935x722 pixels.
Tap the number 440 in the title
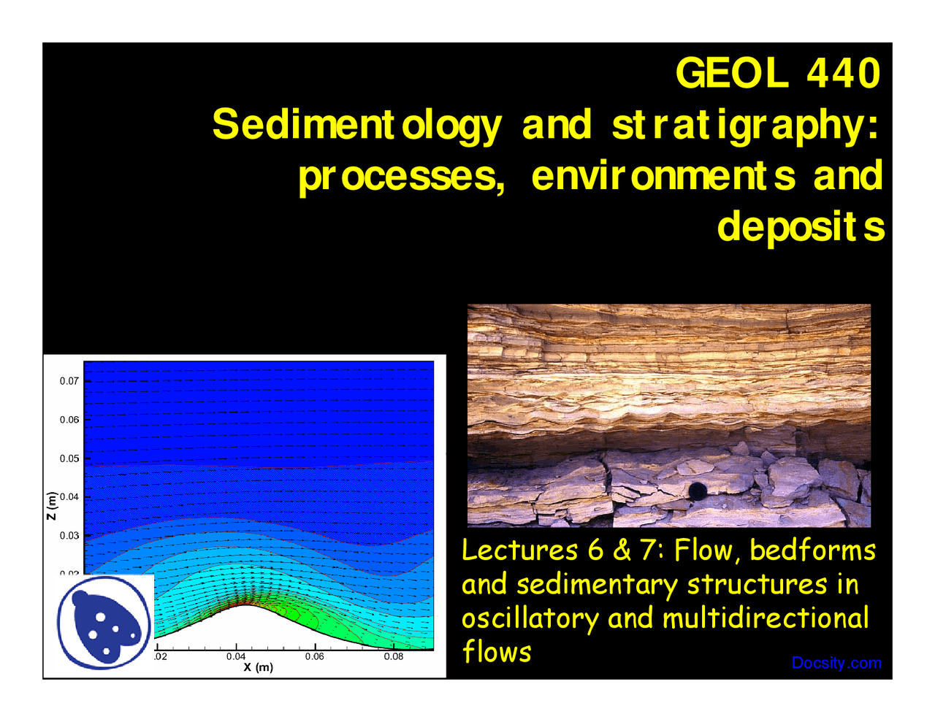[x=844, y=73]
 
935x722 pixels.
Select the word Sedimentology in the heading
[x=357, y=125]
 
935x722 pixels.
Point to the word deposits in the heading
[x=801, y=227]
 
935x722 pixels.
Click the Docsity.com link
[x=836, y=663]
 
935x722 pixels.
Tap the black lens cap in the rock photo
[x=698, y=491]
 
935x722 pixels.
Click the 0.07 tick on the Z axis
[x=69, y=381]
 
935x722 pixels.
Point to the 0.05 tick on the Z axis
[x=69, y=458]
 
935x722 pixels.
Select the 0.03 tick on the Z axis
[x=69, y=536]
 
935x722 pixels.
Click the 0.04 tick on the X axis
[x=236, y=656]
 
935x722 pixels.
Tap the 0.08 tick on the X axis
[x=394, y=656]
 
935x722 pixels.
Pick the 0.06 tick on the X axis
[x=315, y=656]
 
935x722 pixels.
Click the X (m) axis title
[x=259, y=667]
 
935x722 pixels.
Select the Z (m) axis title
[x=51, y=505]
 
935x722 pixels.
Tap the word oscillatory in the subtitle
[x=530, y=618]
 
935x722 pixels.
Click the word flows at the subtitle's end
[x=497, y=652]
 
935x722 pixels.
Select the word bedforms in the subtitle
[x=812, y=550]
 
